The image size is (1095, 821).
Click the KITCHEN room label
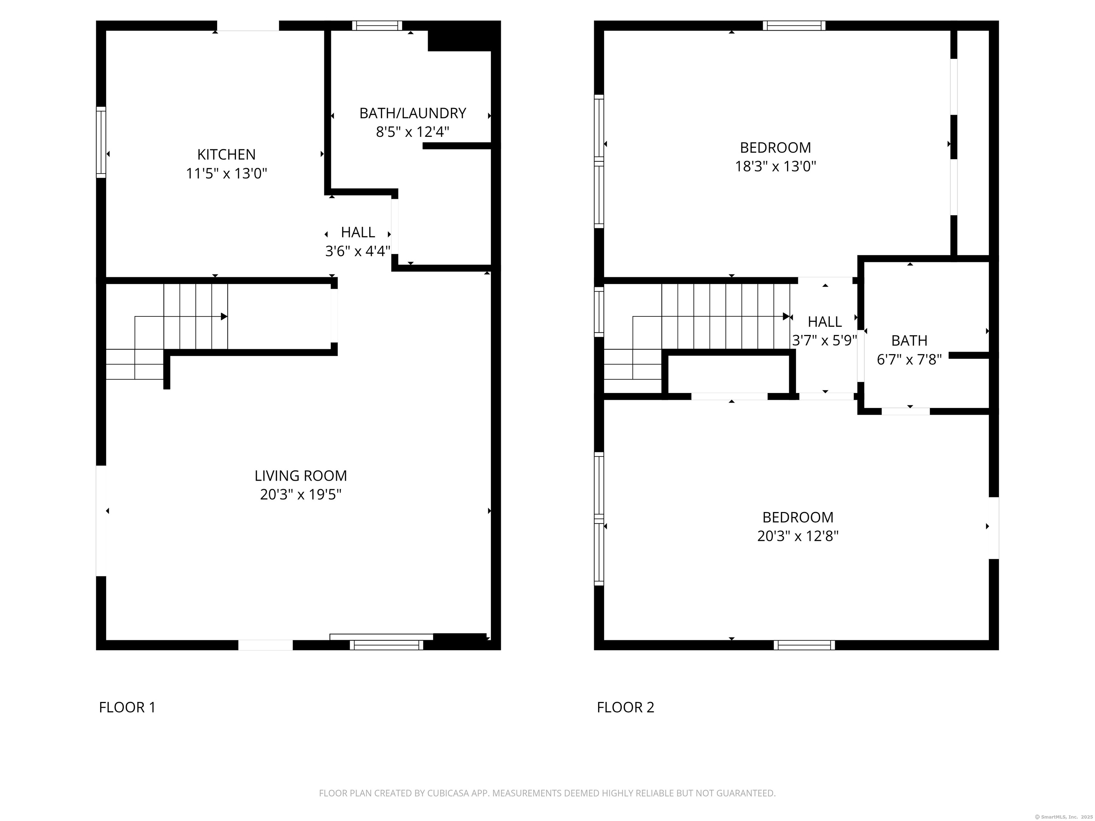tap(226, 154)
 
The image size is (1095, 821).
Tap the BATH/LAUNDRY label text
tap(412, 113)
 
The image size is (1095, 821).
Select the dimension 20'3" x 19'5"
tap(300, 494)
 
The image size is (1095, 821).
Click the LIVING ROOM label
tap(300, 476)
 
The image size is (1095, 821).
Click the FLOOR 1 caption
tap(127, 707)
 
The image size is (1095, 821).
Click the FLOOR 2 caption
tap(625, 707)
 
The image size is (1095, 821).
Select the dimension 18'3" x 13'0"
tap(775, 166)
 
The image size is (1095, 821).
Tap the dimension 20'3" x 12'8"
tap(797, 536)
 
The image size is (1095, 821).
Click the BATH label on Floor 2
tap(909, 340)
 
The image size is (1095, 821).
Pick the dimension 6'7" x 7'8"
tap(909, 359)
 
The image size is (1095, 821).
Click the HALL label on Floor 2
tap(824, 322)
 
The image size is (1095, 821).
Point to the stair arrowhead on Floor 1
tap(224, 316)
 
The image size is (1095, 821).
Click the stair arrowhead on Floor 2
tap(786, 316)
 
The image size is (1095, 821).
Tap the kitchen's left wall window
tap(101, 142)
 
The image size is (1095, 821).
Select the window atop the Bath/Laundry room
tap(377, 25)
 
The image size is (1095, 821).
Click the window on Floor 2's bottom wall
tap(804, 645)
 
